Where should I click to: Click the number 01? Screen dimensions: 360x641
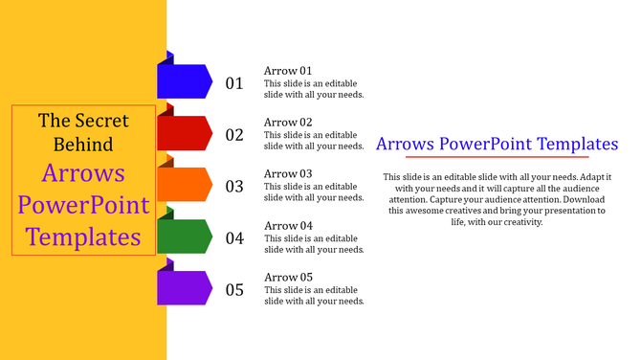pos(234,83)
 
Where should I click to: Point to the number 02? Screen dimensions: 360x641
pos(234,135)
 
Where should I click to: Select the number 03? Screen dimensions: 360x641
pos(234,187)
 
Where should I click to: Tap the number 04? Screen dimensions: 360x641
pos(234,238)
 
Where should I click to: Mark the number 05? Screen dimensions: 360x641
pos(234,290)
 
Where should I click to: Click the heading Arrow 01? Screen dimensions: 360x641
pos(288,71)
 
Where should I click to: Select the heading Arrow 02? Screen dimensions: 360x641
pos(288,123)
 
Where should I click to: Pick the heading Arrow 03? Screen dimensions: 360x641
pos(288,174)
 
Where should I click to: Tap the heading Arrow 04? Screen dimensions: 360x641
pos(288,226)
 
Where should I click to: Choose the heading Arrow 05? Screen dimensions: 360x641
pos(288,278)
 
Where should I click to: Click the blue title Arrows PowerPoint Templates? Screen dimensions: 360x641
pos(497,145)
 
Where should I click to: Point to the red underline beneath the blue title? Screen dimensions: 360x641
pos(497,157)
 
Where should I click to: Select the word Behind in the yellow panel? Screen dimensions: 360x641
pos(83,145)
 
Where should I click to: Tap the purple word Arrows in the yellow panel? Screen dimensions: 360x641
pos(83,174)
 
